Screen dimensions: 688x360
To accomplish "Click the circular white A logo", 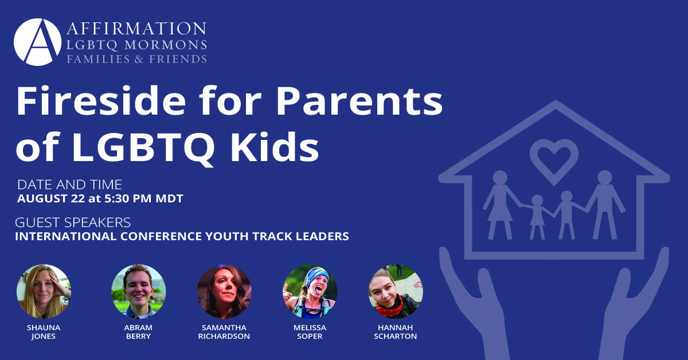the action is [x=37, y=42].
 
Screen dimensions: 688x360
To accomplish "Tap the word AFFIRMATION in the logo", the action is [x=136, y=29].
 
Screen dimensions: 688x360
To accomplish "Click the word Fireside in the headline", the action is [x=101, y=101].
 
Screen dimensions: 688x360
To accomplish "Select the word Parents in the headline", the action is [x=359, y=101].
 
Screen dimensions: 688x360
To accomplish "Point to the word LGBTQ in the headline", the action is [x=143, y=147].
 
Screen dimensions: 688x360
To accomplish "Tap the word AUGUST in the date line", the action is [x=42, y=198].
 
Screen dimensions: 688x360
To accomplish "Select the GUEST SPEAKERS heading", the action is [x=73, y=222].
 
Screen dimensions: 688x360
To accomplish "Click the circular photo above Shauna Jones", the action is [x=44, y=292].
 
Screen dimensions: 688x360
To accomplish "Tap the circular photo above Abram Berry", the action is [x=138, y=292].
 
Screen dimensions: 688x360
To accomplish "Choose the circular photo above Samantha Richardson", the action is [x=224, y=292].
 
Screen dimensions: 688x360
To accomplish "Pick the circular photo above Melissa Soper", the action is [x=310, y=292].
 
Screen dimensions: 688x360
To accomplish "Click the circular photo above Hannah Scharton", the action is [x=396, y=292].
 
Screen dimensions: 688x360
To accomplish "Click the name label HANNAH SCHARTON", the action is [x=395, y=332].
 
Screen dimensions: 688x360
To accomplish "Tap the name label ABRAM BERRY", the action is [x=138, y=332].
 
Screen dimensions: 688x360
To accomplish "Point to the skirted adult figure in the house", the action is [x=500, y=205].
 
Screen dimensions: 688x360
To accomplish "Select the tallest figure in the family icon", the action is [x=604, y=205].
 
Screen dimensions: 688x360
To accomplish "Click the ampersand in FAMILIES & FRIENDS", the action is [x=139, y=59].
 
